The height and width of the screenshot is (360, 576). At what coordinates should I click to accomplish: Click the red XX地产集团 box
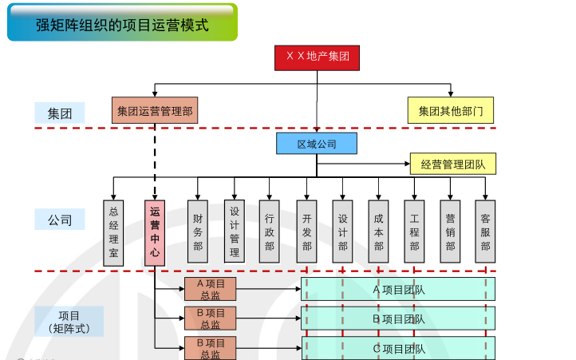coord(318,58)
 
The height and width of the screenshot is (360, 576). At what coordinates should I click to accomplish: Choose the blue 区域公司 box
coord(317,144)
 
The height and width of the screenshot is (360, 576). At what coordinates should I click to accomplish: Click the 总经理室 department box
coord(113,231)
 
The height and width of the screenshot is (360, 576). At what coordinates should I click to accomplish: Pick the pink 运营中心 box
coord(155,231)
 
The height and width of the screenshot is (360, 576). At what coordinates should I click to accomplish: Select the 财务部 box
coord(198,231)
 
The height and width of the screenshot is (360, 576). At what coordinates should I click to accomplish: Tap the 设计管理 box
coord(235,231)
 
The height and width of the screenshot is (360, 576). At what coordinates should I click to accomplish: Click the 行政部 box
coord(270,231)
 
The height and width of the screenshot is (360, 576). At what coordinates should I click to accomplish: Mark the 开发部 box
coord(307,231)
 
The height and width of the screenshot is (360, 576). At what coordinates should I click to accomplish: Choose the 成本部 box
coord(379,231)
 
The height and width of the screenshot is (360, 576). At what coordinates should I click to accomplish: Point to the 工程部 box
coord(415,231)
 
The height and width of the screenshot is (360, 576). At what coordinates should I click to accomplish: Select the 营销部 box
coord(451,231)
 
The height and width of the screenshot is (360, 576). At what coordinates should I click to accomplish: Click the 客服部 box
coord(486,231)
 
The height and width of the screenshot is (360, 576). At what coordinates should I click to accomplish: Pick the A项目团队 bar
coord(398,289)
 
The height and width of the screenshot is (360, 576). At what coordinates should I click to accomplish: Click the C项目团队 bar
coord(398,348)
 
